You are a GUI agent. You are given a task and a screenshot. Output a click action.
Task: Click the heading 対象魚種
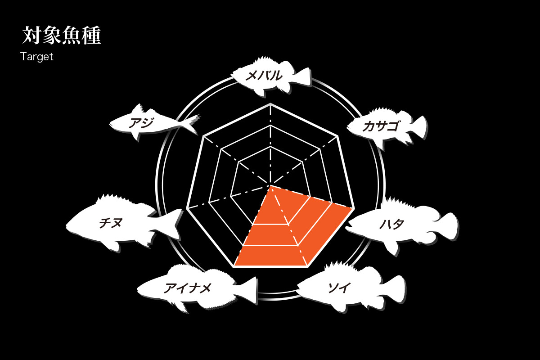tap(62, 35)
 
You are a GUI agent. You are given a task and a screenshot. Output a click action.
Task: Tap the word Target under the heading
tap(36, 57)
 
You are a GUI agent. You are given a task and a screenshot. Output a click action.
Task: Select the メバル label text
tap(264, 76)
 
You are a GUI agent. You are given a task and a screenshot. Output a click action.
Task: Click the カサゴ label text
tap(381, 126)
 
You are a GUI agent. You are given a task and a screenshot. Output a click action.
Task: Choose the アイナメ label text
tap(188, 288)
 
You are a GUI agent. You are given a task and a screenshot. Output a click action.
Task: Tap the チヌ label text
tap(111, 223)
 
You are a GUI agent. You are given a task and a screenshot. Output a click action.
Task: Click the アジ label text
tap(141, 122)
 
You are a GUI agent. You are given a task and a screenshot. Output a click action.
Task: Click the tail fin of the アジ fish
tap(192, 123)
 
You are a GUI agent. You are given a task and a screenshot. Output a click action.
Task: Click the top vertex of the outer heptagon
tap(270, 104)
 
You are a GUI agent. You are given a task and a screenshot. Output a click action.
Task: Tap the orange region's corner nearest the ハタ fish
tap(353, 208)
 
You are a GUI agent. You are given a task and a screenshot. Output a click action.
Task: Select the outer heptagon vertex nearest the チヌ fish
tap(187, 208)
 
